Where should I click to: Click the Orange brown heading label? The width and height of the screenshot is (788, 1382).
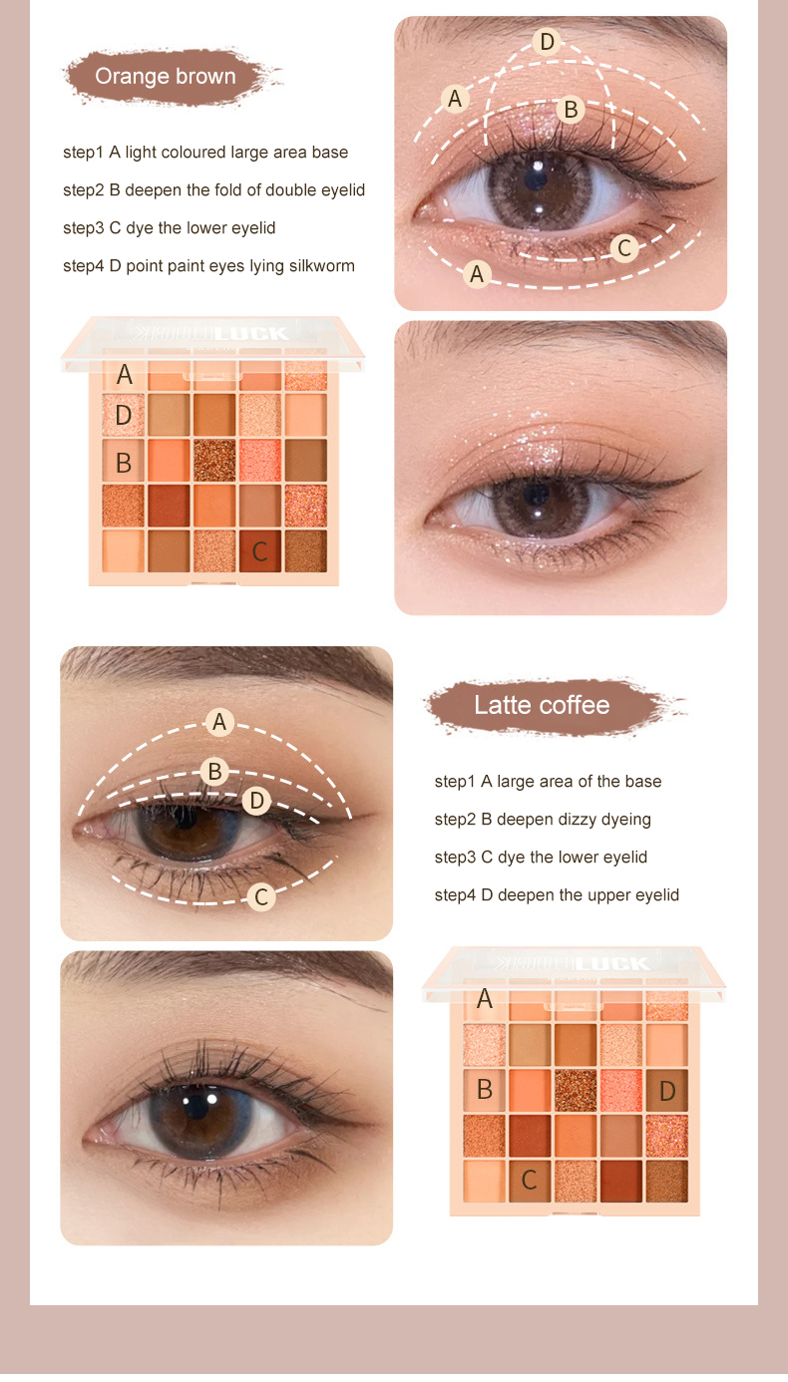(x=166, y=77)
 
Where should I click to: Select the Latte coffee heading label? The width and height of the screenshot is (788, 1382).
(x=542, y=706)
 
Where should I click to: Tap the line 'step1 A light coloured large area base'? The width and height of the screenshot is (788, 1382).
(x=205, y=153)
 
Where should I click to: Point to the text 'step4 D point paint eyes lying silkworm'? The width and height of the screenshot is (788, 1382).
(x=208, y=266)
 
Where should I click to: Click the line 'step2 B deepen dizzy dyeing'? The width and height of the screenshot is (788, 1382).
(x=543, y=820)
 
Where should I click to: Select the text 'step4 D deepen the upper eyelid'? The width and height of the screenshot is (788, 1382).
(x=557, y=895)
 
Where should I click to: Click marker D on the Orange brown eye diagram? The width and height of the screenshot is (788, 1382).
(x=546, y=42)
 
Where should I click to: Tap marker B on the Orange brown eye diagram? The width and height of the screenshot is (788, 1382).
(x=571, y=110)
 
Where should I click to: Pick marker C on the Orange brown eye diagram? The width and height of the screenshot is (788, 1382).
(x=624, y=248)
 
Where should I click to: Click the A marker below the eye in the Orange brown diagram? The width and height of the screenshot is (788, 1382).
(x=478, y=274)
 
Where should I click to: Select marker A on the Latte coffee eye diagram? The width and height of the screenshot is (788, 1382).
(x=220, y=722)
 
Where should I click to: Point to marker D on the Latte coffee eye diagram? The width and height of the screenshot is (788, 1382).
(x=256, y=801)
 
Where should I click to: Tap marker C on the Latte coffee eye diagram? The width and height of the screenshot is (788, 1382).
(x=261, y=897)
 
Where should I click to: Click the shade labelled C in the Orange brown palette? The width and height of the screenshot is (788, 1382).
(x=259, y=551)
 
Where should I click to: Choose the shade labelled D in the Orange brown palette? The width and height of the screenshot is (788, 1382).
(x=124, y=416)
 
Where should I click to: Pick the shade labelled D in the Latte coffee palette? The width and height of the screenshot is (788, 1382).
(x=667, y=1091)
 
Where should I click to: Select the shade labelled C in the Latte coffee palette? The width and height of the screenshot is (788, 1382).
(x=530, y=1181)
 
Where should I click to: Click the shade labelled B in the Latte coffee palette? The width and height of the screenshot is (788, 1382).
(x=485, y=1090)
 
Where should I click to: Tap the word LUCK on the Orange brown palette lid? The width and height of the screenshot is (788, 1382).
(x=256, y=334)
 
